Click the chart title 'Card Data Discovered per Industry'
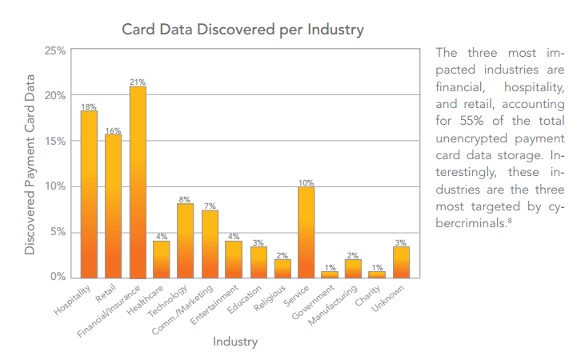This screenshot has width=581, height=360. pyautogui.click(x=242, y=30)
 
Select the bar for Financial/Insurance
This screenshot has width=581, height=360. pyautogui.click(x=138, y=182)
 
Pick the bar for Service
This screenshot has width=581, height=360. pyautogui.click(x=306, y=232)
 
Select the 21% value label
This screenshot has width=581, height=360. pyautogui.click(x=138, y=82)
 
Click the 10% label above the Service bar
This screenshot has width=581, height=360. pyautogui.click(x=306, y=182)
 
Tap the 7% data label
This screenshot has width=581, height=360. pyautogui.click(x=210, y=206)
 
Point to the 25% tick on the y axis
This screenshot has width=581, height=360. pyautogui.click(x=55, y=50)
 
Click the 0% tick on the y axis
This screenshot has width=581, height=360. pyautogui.click(x=58, y=278)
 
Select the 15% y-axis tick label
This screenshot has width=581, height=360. pyautogui.click(x=55, y=142)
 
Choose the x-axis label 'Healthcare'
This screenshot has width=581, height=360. pyautogui.click(x=152, y=295)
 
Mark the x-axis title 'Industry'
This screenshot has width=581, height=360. pyautogui.click(x=235, y=342)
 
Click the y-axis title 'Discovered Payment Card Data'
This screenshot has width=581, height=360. pyautogui.click(x=30, y=164)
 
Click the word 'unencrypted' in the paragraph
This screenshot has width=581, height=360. pyautogui.click(x=470, y=138)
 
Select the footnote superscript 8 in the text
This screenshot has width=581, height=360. pyautogui.click(x=508, y=221)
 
